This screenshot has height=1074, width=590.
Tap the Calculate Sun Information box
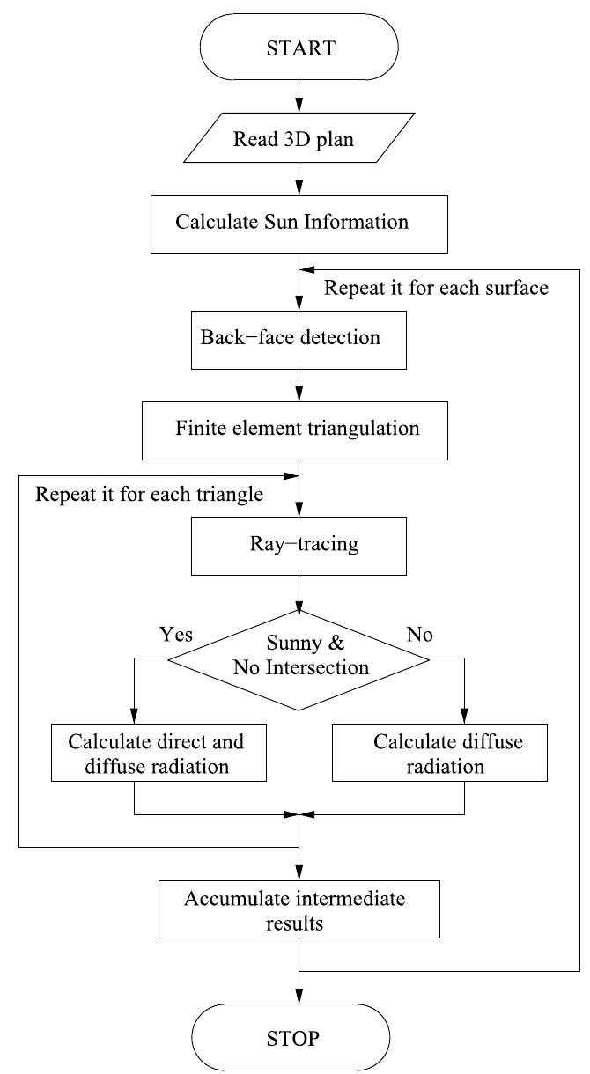300,221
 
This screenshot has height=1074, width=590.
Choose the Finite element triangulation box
300,430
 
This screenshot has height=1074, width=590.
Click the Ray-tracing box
300,545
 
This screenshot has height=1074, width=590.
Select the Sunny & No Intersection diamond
300,656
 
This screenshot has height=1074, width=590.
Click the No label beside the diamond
420,634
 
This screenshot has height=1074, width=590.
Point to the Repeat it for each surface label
436,289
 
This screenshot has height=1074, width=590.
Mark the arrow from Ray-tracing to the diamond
300,592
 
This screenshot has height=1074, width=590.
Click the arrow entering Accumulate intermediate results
300,867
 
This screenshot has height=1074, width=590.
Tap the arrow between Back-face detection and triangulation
300,386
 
